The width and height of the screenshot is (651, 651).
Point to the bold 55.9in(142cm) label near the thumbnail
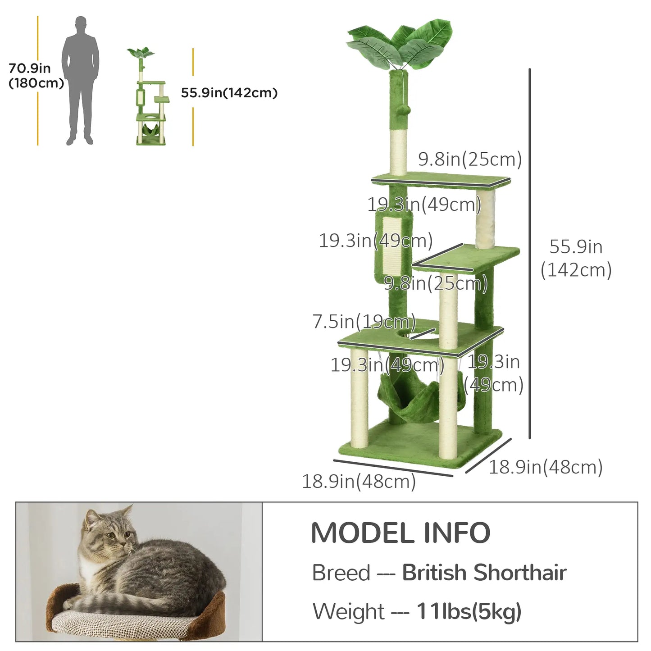229,93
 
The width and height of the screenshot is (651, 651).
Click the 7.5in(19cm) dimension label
364,322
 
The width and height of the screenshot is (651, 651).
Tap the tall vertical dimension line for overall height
530,252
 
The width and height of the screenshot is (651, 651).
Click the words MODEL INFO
401,533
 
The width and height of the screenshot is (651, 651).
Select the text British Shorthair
484,573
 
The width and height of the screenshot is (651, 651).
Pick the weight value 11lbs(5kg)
469,611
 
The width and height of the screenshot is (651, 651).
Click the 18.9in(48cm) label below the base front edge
359,482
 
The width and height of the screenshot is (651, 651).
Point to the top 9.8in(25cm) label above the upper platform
470,159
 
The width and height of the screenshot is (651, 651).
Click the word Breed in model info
341,573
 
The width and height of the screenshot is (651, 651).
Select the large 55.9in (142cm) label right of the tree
576,258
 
